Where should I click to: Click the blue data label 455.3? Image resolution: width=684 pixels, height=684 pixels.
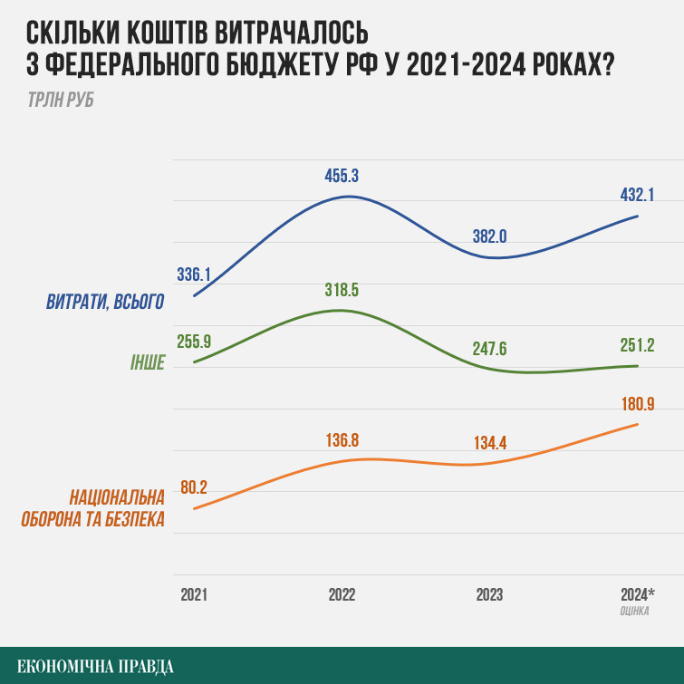342,176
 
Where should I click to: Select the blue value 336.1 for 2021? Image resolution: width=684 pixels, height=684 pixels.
194,275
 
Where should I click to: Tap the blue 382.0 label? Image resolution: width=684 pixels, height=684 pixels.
489,236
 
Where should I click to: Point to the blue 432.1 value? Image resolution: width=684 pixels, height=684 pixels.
637,195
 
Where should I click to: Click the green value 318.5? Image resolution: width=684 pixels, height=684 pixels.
342,290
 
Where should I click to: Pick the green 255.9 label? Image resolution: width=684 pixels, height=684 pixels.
194,342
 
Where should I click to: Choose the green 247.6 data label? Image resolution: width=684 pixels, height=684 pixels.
489,349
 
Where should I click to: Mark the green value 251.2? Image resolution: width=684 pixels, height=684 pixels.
637,345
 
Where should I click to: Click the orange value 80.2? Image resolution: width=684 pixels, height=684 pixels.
194,487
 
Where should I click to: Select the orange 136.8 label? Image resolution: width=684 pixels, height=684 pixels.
342,440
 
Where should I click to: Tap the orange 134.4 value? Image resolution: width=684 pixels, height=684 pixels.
490,443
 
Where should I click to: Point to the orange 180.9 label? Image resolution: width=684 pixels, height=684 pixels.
638,404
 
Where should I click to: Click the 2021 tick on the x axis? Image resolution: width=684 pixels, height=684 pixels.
194,594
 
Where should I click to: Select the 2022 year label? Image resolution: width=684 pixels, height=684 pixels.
342,594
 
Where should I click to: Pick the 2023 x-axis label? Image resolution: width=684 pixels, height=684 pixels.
489,594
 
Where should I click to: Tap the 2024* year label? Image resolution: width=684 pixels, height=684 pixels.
638,594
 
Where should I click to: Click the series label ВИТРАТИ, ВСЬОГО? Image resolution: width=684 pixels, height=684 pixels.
105,302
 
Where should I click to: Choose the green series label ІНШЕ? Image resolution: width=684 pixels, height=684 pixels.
148,362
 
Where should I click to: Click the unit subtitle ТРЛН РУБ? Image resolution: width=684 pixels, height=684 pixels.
61,100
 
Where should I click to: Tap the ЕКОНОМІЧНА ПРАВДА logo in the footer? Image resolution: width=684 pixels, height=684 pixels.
95,667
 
